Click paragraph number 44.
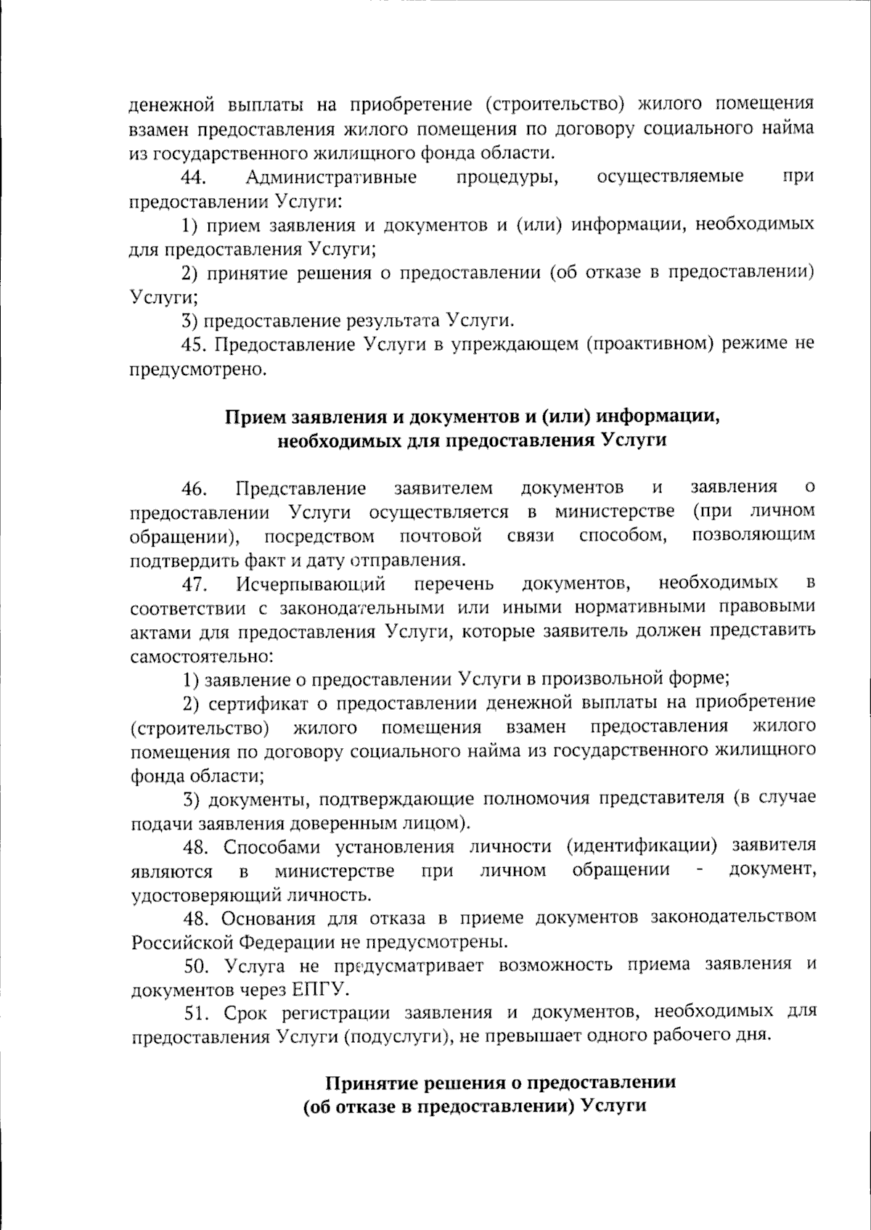(196, 177)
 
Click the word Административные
(331, 177)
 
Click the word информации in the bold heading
(663, 418)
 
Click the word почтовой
(441, 536)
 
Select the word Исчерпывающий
(310, 583)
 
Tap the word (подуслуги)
(393, 1036)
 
